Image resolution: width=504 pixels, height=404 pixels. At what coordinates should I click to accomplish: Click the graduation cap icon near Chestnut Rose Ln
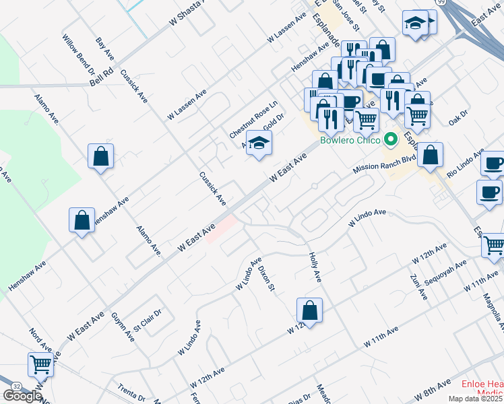click(x=259, y=143)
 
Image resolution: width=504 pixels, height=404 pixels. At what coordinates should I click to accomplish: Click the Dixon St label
click(x=267, y=276)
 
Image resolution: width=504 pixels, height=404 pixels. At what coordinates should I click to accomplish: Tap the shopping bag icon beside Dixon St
click(x=309, y=310)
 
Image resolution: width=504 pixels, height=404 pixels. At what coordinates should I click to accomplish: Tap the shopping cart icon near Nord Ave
click(x=41, y=364)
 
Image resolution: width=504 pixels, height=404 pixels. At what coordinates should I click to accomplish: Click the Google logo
click(x=22, y=397)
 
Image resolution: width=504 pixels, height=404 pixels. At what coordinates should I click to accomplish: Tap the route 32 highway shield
click(x=15, y=385)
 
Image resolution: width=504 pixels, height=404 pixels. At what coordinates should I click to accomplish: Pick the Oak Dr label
click(x=459, y=119)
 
